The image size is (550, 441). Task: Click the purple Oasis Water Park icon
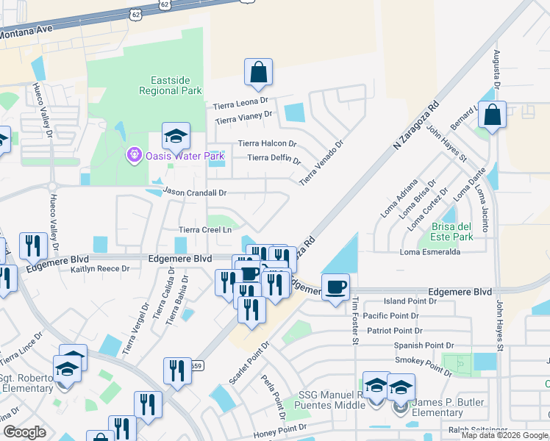pos(133,155)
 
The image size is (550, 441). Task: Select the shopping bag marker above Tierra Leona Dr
pos(258,72)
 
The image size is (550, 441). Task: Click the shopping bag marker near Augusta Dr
pos(492,114)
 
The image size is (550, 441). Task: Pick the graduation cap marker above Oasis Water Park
pos(176,136)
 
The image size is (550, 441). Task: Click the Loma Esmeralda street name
pos(429,252)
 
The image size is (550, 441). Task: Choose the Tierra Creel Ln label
pos(205,230)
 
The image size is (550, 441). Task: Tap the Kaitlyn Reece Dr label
pos(100,269)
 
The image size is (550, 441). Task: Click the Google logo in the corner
pos(24,432)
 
